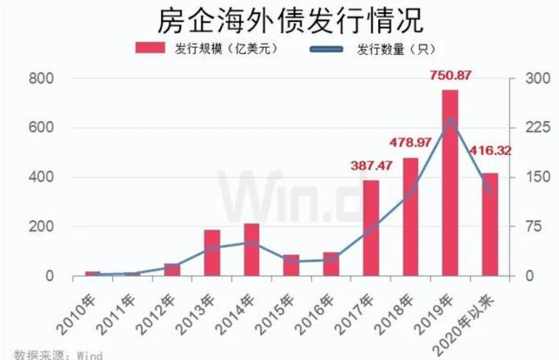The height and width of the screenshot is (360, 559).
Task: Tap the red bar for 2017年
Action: point(371,228)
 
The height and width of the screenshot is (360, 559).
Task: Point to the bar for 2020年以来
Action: point(490,224)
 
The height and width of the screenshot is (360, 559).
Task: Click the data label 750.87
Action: point(450,76)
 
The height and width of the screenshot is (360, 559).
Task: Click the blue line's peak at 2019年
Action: point(451,119)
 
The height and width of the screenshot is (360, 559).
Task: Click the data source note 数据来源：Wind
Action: point(58,355)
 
